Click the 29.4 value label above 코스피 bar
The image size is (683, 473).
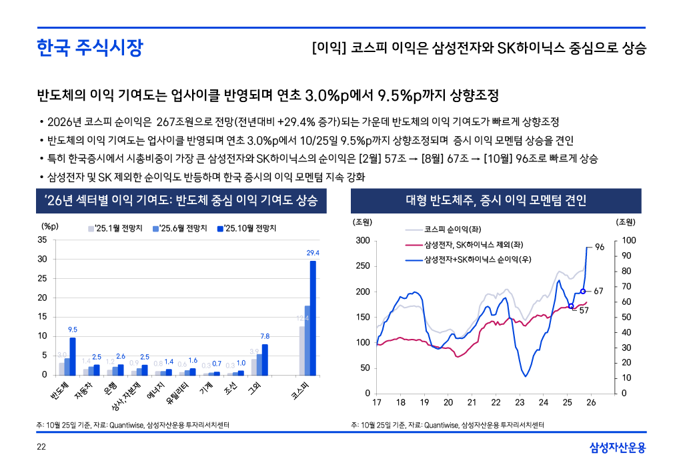(313, 253)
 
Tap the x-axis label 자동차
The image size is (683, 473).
(82, 389)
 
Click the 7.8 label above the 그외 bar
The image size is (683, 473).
(265, 336)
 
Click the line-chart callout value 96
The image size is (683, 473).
(599, 248)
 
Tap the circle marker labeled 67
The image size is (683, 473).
(582, 291)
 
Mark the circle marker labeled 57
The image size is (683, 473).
(570, 306)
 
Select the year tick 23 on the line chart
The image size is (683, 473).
(520, 402)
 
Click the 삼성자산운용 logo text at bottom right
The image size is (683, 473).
(617, 448)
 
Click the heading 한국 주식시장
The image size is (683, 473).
(89, 48)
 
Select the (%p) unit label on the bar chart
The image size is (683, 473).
(51, 227)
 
